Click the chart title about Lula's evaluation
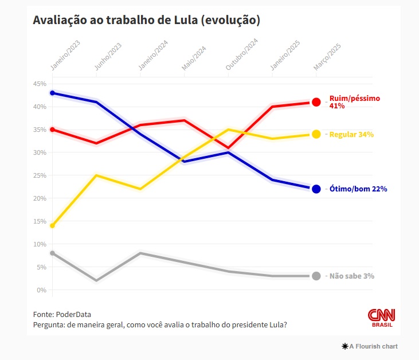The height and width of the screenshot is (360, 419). coord(146,20)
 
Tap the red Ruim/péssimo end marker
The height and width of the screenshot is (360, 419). coord(316,102)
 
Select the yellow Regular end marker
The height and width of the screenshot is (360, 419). coord(316,134)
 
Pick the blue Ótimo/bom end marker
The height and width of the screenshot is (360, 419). coord(316,189)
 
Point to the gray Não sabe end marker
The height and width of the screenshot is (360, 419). coord(316,276)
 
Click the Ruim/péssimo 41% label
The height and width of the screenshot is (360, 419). coord(355,102)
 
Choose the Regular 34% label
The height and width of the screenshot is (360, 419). coord(351,135)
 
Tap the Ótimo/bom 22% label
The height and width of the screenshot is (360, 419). coord(358,189)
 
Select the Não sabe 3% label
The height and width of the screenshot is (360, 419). coord(352,276)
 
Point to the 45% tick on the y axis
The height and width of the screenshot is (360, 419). coord(40,84)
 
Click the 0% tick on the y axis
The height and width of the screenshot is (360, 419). coord(42,290)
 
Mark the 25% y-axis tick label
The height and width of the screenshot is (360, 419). coord(40,175)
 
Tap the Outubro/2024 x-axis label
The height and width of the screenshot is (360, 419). coord(241,54)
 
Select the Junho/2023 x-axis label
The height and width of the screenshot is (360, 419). coord(108,56)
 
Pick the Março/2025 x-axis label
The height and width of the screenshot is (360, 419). coord(327,57)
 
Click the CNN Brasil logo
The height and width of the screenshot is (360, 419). coord(382,318)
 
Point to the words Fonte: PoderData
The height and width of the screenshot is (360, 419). coord(62,314)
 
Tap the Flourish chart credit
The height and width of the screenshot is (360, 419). coord(370,346)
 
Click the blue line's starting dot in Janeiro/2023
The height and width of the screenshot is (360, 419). coord(53,93)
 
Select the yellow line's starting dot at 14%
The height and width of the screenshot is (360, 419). coord(53,226)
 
